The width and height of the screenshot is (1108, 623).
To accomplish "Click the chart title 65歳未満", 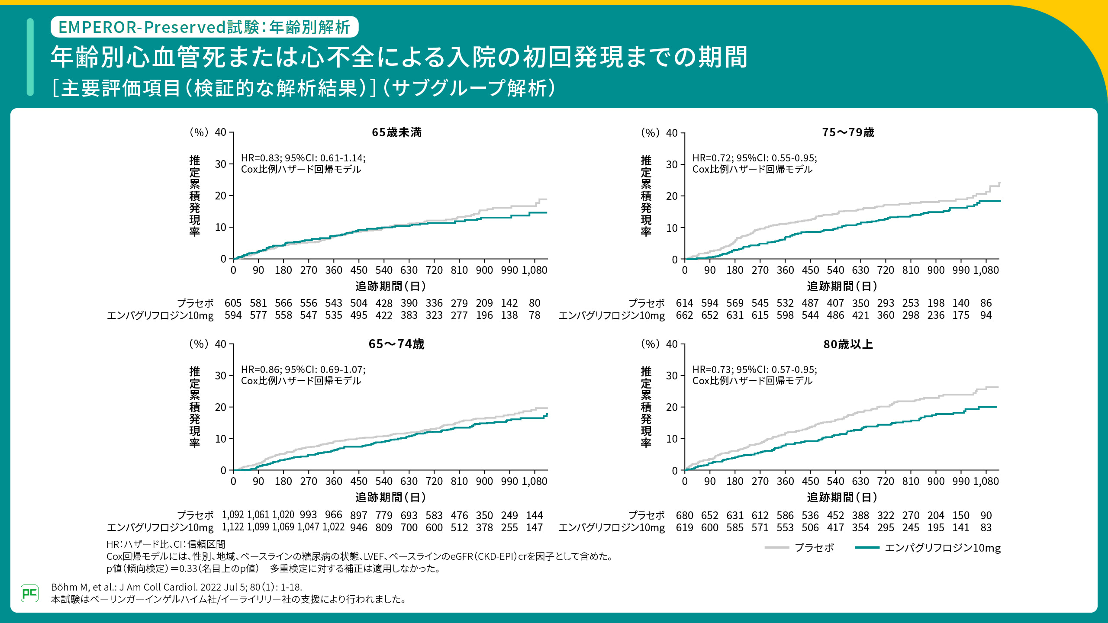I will click(x=396, y=132).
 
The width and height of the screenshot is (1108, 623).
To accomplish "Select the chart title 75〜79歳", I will click(x=848, y=132).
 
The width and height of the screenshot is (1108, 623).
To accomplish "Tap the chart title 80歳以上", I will click(x=848, y=344).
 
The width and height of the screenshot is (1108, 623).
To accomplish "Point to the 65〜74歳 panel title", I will click(x=396, y=344).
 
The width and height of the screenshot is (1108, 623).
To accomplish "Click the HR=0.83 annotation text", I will click(x=303, y=158).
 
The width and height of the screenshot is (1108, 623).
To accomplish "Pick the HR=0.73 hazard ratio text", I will click(x=754, y=370).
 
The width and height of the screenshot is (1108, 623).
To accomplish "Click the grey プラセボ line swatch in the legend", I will click(x=777, y=548).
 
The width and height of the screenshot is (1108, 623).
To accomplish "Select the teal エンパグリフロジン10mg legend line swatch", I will click(x=867, y=548).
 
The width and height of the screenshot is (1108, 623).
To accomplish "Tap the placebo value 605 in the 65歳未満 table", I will click(x=233, y=303).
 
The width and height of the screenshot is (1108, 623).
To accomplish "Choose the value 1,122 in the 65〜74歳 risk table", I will click(x=233, y=527).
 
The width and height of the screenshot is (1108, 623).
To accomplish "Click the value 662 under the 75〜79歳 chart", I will click(x=684, y=315).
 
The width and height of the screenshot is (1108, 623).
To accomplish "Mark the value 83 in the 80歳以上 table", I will click(x=986, y=528).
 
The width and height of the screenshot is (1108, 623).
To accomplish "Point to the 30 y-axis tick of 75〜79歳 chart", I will click(x=672, y=165).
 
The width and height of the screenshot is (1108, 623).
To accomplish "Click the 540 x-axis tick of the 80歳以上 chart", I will click(x=835, y=482).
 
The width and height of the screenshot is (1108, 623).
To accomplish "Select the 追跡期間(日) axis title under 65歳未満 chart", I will click(x=390, y=286).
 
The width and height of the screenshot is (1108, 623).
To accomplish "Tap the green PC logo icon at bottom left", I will click(x=29, y=593).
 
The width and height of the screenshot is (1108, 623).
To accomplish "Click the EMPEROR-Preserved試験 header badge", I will click(x=204, y=27).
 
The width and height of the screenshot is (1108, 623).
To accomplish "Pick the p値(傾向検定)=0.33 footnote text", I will click(x=273, y=568).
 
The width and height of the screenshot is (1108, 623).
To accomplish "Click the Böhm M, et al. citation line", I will click(x=177, y=587).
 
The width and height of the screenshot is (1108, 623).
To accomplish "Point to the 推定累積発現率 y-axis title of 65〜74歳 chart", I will click(x=195, y=407).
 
